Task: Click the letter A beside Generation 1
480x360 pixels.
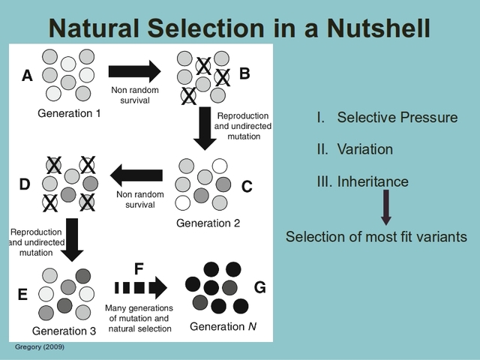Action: pos(28,76)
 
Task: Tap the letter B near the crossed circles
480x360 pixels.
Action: pos(244,73)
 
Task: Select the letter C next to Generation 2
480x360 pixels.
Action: pos(247,187)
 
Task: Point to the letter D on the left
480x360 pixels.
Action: pos(24,184)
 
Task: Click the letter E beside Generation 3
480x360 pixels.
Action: pos(22,295)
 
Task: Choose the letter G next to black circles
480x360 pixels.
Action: pos(260,288)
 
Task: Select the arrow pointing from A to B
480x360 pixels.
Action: pos(134,72)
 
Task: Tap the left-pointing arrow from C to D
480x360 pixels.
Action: pos(136,177)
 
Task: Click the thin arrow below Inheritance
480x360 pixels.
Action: pos(385,208)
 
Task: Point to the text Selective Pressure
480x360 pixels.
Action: pos(397,118)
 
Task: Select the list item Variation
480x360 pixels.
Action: pos(364,149)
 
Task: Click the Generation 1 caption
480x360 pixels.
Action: pos(69,113)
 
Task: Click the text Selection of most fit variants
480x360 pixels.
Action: pos(376,237)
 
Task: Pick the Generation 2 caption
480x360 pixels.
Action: pos(208,223)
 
